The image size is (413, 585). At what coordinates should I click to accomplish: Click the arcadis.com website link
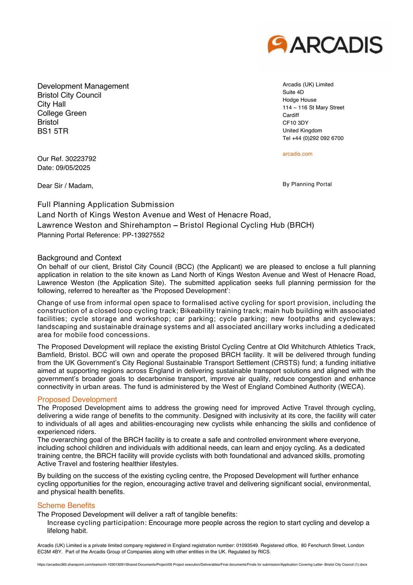click(x=297, y=154)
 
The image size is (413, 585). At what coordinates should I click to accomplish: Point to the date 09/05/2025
click(x=73, y=168)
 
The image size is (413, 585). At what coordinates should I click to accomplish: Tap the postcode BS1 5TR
click(x=53, y=131)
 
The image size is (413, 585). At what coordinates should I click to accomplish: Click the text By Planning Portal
click(x=307, y=184)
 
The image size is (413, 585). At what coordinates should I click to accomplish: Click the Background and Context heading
click(x=79, y=258)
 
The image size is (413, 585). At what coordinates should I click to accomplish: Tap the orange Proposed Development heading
click(x=77, y=399)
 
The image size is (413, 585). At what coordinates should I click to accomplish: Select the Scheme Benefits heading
click(x=66, y=505)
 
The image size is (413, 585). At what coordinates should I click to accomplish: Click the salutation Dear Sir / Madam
click(x=65, y=186)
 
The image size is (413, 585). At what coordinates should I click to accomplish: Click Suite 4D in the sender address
click(x=293, y=92)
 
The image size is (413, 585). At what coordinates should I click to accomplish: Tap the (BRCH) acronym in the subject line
click(x=300, y=225)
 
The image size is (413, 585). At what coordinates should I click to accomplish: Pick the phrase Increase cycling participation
click(x=96, y=523)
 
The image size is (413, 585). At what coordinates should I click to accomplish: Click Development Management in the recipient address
click(x=83, y=86)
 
